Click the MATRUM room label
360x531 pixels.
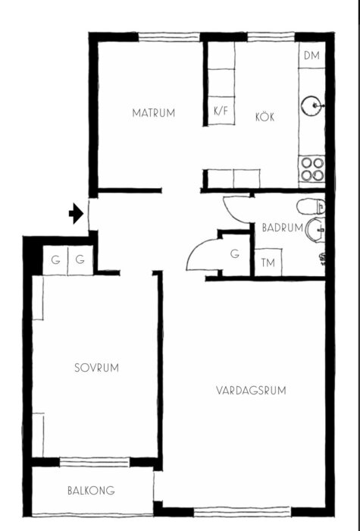click(x=153, y=114)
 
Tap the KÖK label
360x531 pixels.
click(x=264, y=118)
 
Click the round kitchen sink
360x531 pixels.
click(x=311, y=105)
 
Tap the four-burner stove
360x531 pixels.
click(x=311, y=168)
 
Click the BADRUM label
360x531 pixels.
click(x=282, y=227)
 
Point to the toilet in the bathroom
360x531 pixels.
click(x=310, y=206)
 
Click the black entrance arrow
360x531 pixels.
click(x=76, y=215)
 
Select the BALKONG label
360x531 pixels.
click(x=91, y=491)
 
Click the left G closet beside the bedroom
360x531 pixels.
click(x=55, y=260)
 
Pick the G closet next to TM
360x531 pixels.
click(x=235, y=253)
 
